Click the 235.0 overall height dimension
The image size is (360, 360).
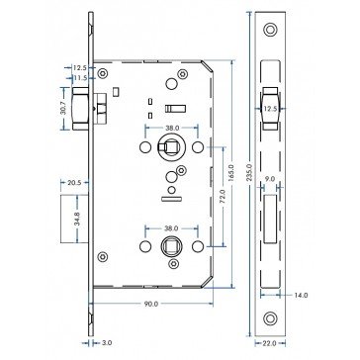249,174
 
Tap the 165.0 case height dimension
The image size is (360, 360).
231,174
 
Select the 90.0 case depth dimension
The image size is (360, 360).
151,304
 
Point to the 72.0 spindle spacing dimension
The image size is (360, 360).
222,196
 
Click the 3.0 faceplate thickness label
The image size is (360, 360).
107,343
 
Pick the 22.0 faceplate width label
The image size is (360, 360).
270,343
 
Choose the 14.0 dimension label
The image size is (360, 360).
301,296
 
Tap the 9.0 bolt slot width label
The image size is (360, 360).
270,180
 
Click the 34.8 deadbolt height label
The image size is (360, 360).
77,219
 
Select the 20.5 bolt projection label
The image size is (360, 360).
74,183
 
